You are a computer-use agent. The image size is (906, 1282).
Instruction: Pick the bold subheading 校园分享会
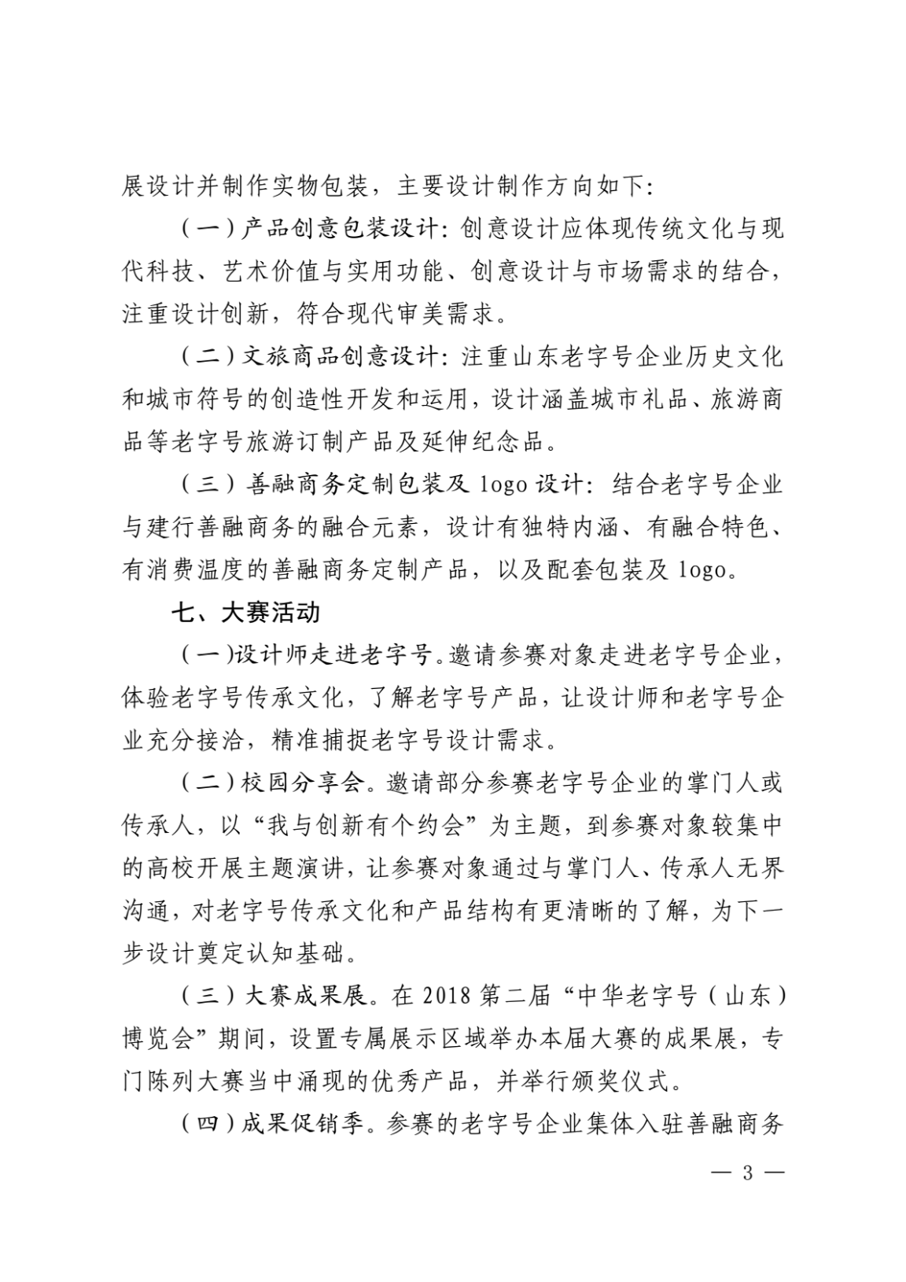pyautogui.click(x=303, y=783)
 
